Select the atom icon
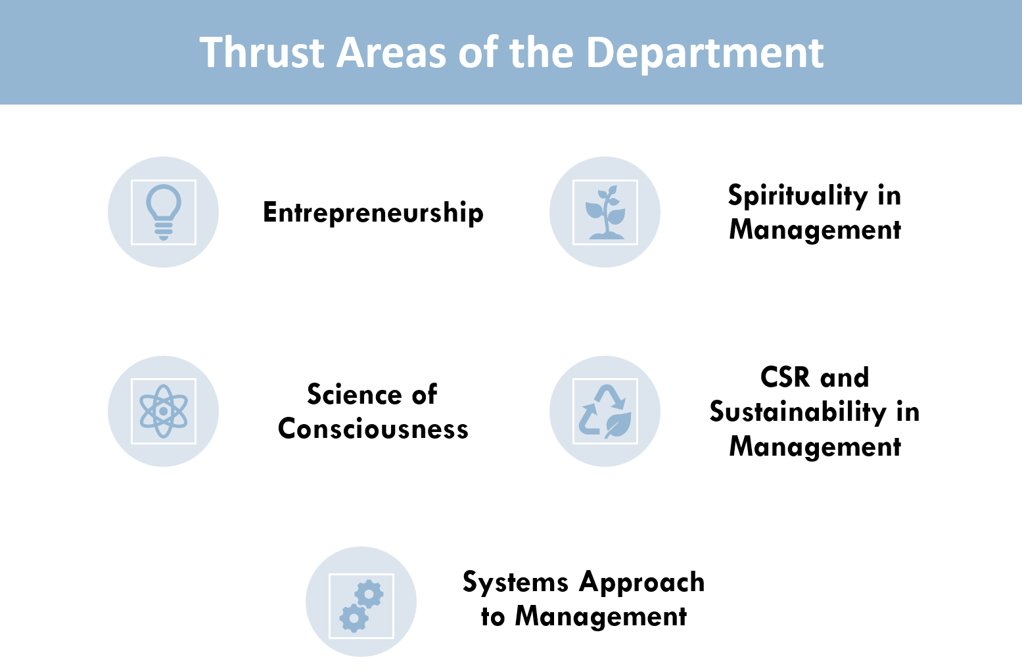point(164,412)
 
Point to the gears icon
point(361,606)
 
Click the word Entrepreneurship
point(373,213)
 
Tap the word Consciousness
point(373,429)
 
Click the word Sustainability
point(798,412)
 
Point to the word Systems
point(515,583)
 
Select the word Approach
point(642,583)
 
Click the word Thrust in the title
point(262,53)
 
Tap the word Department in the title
point(705,54)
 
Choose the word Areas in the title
point(391,53)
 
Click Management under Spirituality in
point(815,230)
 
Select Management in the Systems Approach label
point(601,617)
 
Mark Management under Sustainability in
point(815,447)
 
